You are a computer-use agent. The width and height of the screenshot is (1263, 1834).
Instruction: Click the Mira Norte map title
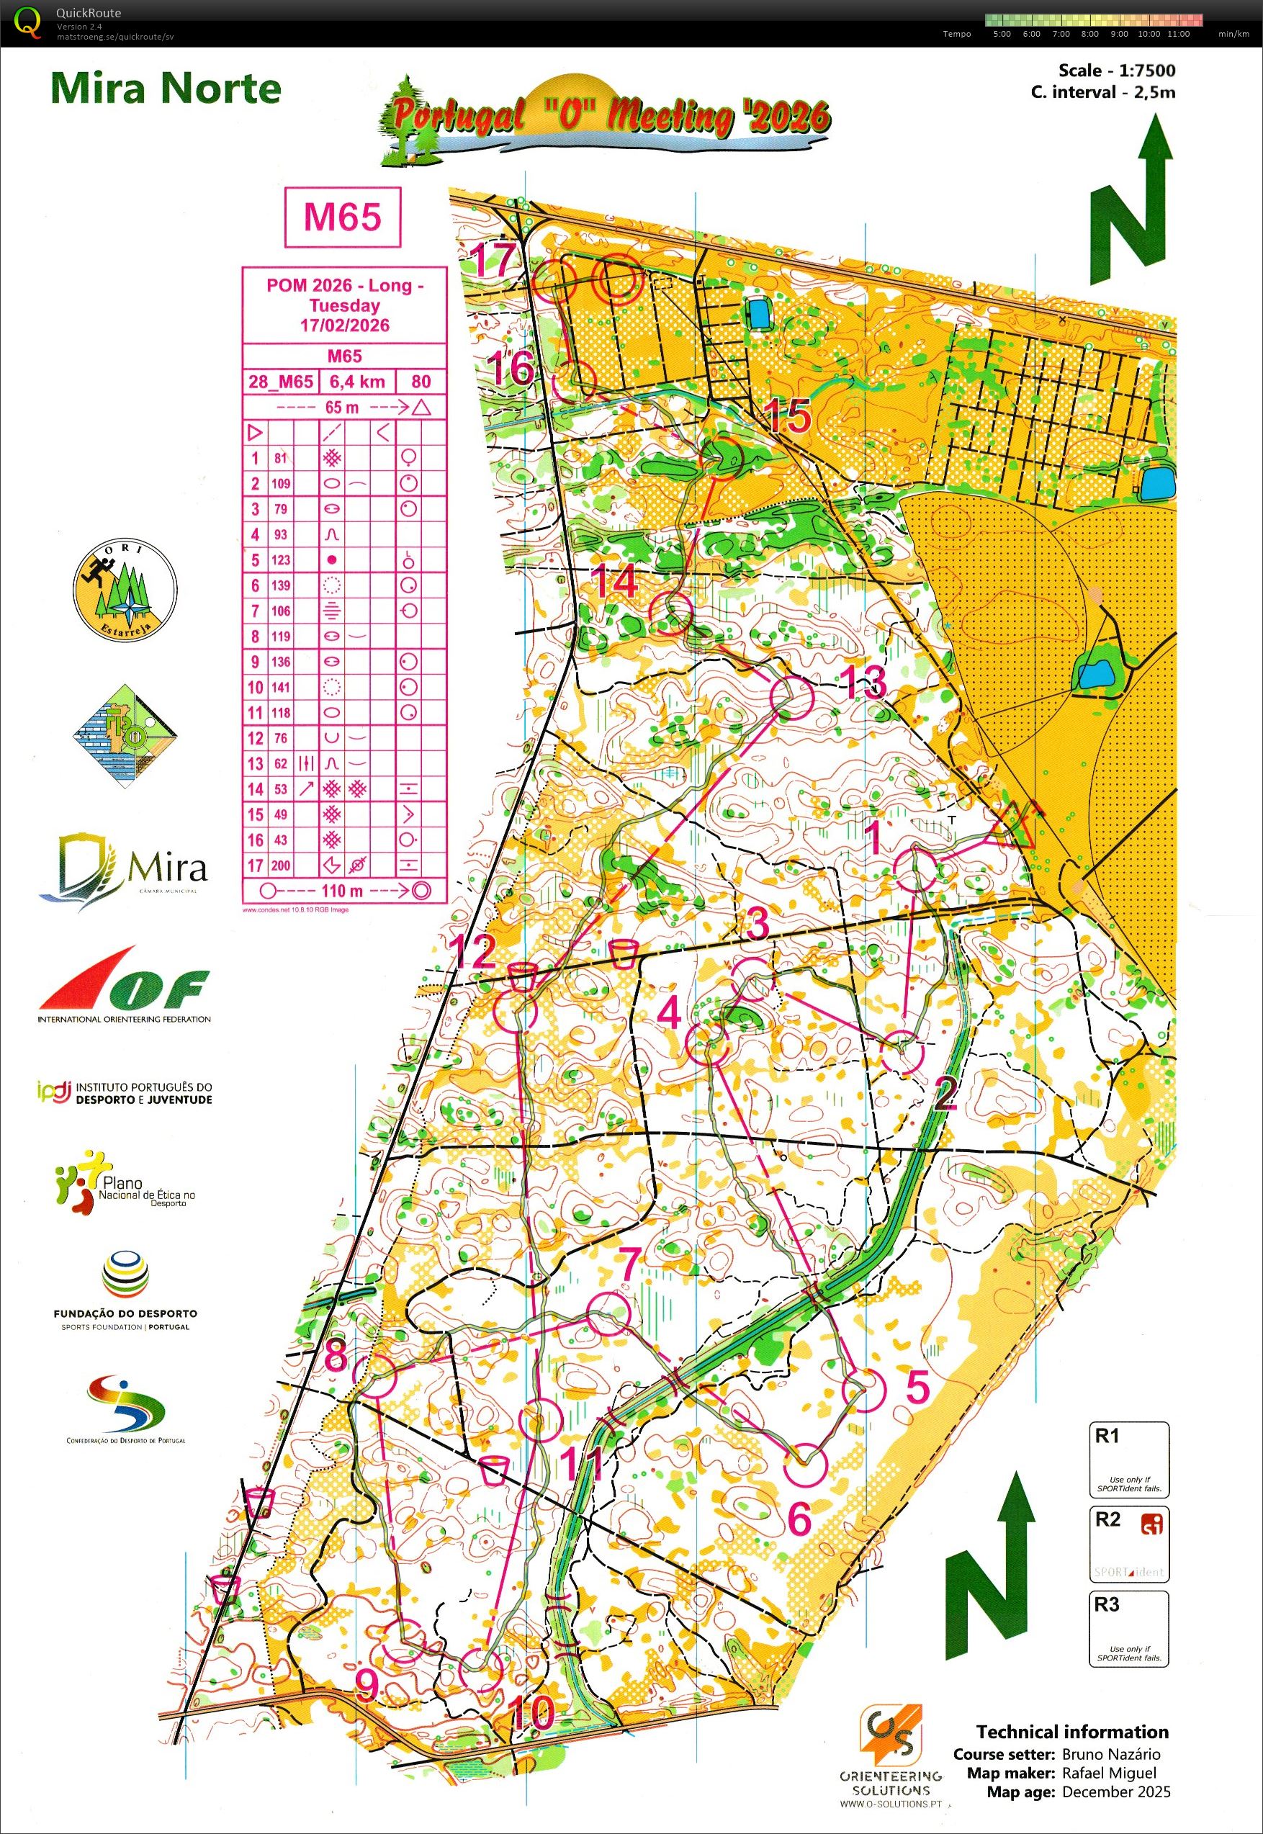(x=166, y=89)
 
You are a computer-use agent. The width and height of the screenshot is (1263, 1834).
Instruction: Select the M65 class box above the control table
(x=343, y=217)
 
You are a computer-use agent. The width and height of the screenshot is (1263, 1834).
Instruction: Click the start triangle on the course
(x=1015, y=826)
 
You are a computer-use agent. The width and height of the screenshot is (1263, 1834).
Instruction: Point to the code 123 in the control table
(x=281, y=560)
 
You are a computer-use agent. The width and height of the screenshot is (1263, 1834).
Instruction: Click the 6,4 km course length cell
(x=357, y=382)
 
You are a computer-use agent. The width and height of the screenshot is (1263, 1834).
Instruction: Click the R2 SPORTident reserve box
(x=1128, y=1545)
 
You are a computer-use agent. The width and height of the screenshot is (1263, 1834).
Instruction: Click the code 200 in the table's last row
(x=281, y=866)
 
